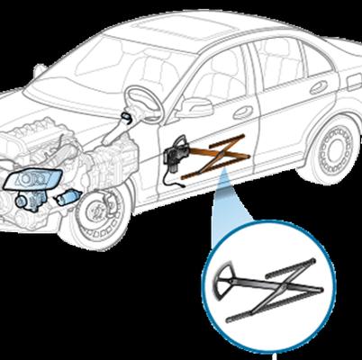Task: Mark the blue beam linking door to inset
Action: (225, 216)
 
